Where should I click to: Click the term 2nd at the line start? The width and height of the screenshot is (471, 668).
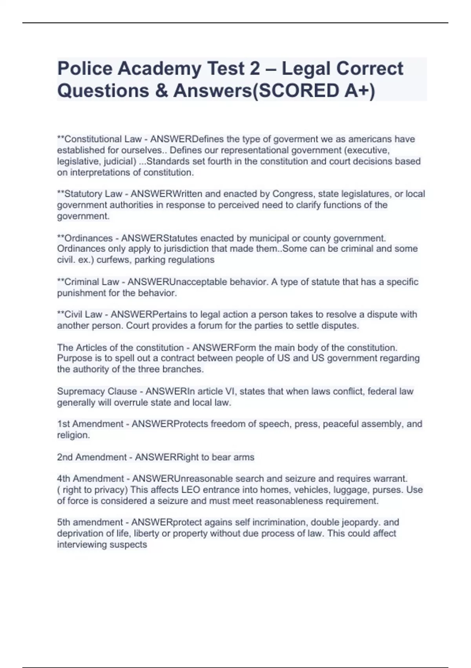65,457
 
